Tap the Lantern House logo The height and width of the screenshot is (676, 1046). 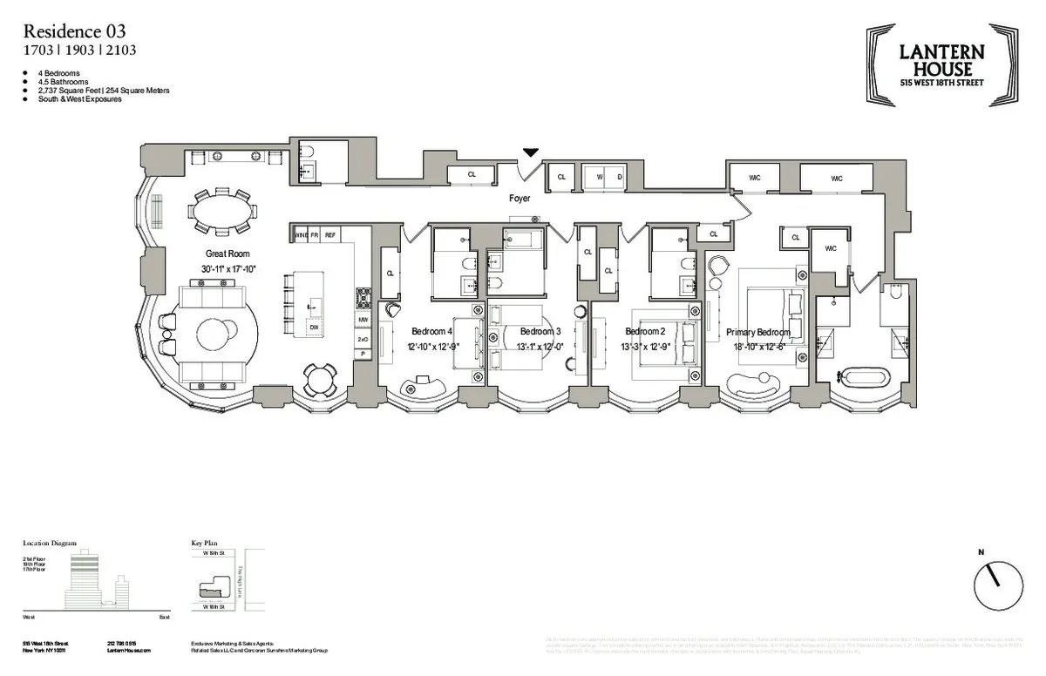point(941,65)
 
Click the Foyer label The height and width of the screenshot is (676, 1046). point(520,199)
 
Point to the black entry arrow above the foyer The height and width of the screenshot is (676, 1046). point(530,153)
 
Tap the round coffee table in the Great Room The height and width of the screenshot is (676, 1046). point(214,335)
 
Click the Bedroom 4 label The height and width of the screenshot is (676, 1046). point(431,332)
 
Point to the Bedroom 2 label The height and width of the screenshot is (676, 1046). point(645,332)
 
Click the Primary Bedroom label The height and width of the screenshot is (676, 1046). point(757,332)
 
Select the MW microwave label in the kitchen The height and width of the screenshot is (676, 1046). point(363,320)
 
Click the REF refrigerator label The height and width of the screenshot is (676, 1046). point(330,235)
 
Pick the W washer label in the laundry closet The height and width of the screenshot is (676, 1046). point(599,177)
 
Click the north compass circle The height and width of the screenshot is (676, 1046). point(998,585)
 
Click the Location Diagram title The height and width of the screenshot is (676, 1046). point(50,544)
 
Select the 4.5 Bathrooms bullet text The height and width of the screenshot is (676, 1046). point(63,82)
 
